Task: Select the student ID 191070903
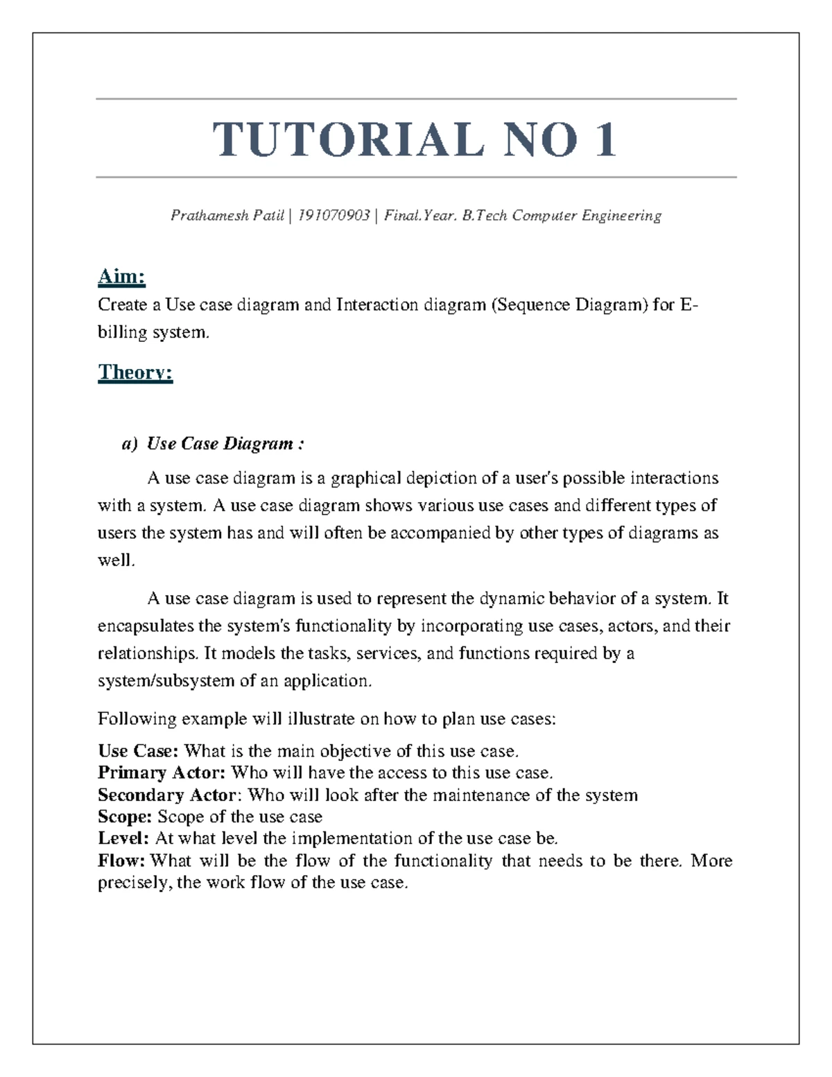click(333, 216)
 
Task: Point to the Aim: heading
click(121, 277)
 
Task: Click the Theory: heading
click(135, 372)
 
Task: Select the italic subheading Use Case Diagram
click(220, 444)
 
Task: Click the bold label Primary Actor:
click(162, 773)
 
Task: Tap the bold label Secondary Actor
click(167, 795)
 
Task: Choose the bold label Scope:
click(125, 816)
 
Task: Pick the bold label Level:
click(123, 838)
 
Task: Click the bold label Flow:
click(122, 861)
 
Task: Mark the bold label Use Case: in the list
click(139, 751)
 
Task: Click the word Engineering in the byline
click(621, 216)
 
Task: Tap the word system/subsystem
click(166, 681)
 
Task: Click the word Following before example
click(137, 718)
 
